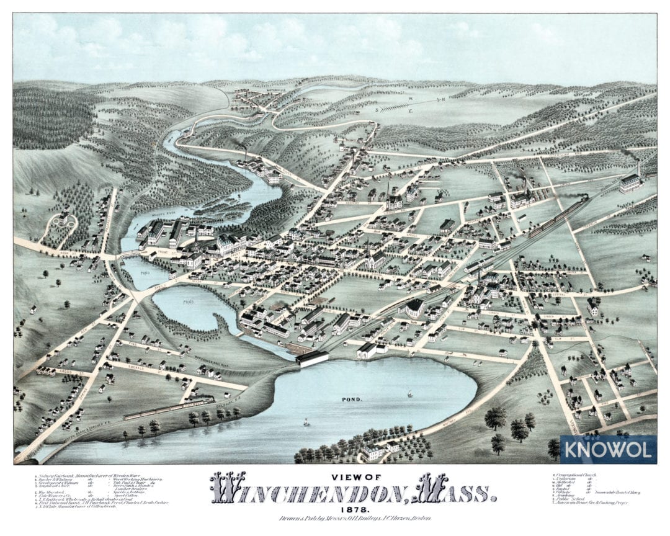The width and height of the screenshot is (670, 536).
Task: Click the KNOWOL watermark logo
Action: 608,449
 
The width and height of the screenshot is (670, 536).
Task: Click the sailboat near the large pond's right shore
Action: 409,393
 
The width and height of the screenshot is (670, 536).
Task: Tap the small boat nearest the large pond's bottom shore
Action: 306,422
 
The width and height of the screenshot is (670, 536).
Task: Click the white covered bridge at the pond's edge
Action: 313,359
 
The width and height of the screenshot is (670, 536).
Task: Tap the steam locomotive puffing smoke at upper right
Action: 582,200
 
